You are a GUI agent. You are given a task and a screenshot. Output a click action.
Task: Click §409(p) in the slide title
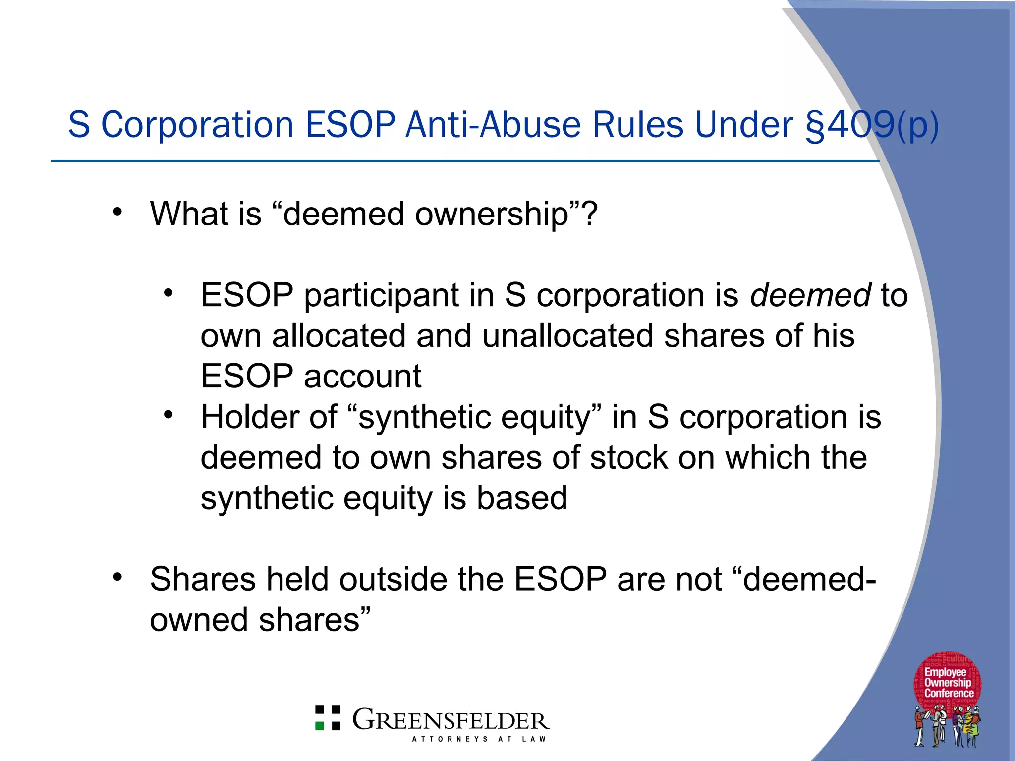(872, 125)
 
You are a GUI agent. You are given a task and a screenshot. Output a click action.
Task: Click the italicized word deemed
(810, 295)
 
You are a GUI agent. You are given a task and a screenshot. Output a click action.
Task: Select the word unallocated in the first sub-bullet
(567, 336)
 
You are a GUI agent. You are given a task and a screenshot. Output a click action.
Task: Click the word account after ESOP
(362, 376)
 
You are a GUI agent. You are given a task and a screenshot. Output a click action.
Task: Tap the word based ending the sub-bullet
(521, 498)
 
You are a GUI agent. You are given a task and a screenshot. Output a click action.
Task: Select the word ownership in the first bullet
(492, 215)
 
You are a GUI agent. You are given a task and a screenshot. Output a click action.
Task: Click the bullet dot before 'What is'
(117, 212)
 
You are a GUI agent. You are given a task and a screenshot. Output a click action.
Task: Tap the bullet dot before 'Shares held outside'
(117, 577)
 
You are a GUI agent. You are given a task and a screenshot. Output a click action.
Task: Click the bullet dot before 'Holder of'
(169, 414)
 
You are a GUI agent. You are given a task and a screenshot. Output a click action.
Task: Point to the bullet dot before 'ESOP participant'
(169, 293)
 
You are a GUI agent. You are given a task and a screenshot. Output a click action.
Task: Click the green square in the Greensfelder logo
(320, 726)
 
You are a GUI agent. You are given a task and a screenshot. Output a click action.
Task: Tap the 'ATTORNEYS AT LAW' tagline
(479, 739)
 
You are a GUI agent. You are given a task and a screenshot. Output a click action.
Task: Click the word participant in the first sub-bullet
(381, 295)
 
